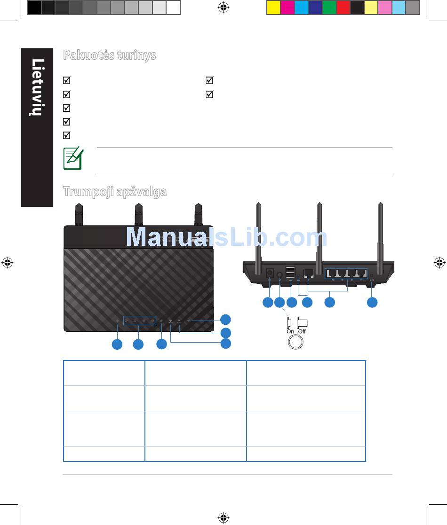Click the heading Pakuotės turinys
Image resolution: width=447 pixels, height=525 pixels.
coord(109,55)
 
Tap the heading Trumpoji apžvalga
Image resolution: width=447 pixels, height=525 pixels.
coord(115,192)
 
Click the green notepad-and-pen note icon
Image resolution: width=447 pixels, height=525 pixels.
coord(73,158)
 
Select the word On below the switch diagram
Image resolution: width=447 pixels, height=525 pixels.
coord(290,331)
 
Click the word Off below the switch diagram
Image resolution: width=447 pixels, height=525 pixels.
coord(302,331)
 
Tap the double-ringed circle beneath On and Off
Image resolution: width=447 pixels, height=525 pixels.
coord(295,342)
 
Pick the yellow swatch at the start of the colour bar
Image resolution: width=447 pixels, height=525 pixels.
coord(274,8)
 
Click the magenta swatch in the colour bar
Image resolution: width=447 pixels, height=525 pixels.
coord(287,8)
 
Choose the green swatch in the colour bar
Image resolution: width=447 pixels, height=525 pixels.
coord(329,8)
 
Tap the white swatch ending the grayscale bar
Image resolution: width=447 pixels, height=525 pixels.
coord(173,8)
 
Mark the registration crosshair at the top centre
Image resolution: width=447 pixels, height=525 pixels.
coord(223,8)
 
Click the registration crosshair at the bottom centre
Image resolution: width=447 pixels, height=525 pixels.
coord(223,517)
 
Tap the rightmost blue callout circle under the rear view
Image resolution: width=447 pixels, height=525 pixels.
coord(372,302)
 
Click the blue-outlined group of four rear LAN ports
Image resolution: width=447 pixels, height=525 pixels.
coord(346,274)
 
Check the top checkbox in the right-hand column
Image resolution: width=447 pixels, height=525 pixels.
coord(209,80)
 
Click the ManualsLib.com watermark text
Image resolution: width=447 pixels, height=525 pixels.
coord(226,237)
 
